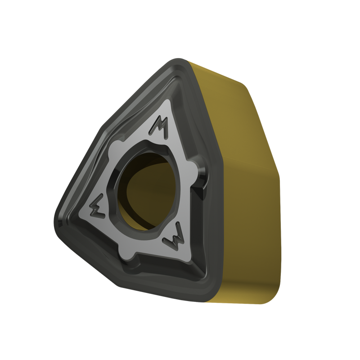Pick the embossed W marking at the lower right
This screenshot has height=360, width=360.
[x=175, y=237]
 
